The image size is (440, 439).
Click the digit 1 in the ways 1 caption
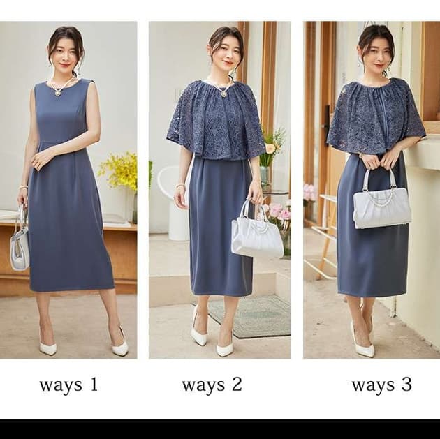94,384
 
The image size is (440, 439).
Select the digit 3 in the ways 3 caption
406,384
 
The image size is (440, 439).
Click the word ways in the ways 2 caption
203,386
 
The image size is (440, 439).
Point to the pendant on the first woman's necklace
58,93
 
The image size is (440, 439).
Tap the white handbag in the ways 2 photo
256,230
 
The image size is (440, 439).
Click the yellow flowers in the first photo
119,170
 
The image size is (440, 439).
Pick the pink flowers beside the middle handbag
277,214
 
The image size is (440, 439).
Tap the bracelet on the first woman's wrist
23,186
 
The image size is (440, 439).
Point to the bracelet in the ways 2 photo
179,186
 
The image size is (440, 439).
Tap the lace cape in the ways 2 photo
216,120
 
